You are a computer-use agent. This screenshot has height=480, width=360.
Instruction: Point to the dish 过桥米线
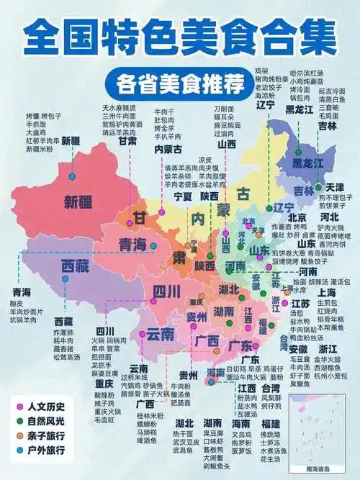(x=134, y=377)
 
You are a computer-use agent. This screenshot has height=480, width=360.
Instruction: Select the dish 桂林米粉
(x=149, y=416)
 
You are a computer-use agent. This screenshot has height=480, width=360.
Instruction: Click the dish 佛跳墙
(x=269, y=434)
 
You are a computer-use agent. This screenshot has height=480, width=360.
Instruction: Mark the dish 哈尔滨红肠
(x=307, y=73)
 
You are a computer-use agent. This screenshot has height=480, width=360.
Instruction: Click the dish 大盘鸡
(x=38, y=132)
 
